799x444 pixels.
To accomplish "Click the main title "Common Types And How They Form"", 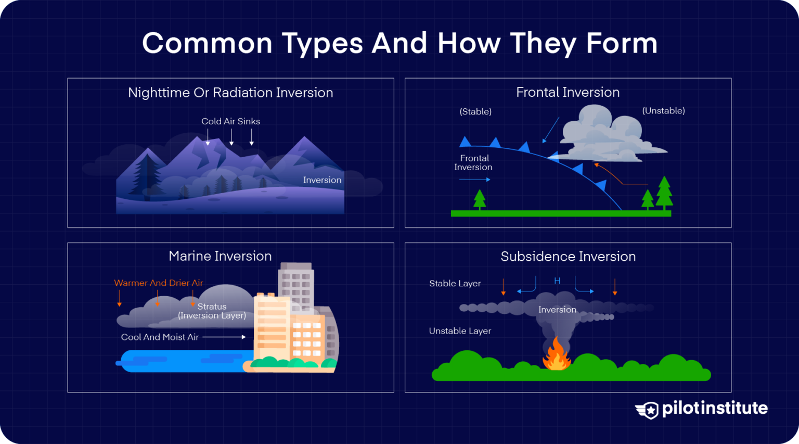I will tap(399, 43).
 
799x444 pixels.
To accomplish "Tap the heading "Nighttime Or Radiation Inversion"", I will tap(230, 93).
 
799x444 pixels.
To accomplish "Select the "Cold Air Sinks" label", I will tap(230, 121).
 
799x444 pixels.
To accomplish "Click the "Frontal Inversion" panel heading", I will tap(568, 92).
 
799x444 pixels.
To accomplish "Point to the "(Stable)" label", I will tap(475, 111).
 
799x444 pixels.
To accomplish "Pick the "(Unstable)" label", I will tap(663, 110).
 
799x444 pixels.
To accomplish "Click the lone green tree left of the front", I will tap(480, 199).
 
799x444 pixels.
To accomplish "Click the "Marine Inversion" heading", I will tap(220, 256).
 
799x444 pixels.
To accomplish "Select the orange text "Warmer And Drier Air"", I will tap(159, 283).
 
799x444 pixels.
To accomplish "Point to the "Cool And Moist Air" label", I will tap(160, 337).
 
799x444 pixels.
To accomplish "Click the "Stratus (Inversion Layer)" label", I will tap(212, 311).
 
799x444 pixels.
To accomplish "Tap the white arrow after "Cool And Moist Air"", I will tap(224, 337).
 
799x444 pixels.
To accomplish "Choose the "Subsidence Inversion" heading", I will tap(568, 257).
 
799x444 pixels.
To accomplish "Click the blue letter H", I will tap(557, 281).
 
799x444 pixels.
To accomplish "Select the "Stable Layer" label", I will tap(455, 284).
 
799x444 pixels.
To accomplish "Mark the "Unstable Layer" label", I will tap(460, 331).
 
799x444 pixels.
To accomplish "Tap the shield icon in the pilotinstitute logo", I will tap(648, 410).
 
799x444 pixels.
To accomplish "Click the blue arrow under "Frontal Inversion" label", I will tap(474, 180).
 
